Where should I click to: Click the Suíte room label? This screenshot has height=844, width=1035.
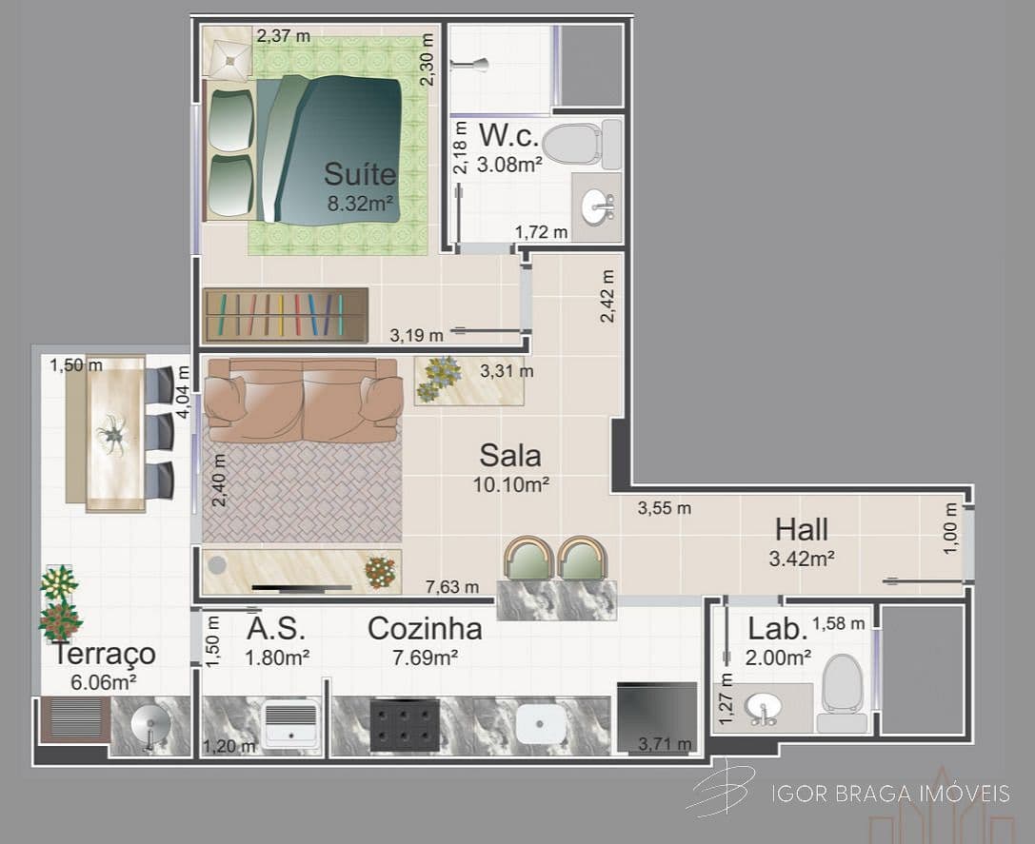[359, 174]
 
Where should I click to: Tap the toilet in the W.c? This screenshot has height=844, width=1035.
[580, 143]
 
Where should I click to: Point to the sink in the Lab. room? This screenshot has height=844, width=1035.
[763, 707]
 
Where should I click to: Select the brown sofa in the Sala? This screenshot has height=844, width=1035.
[303, 400]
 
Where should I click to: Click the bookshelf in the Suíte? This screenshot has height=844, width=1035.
[285, 315]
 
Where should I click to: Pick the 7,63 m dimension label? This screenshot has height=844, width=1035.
[452, 587]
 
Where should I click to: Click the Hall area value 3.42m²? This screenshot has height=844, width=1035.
[801, 559]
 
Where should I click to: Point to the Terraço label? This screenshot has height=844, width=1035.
[104, 654]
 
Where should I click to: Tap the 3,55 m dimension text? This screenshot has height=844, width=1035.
[664, 508]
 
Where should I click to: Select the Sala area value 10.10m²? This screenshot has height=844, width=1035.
[510, 484]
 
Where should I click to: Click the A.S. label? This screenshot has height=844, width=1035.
[275, 629]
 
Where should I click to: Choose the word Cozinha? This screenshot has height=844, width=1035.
[425, 629]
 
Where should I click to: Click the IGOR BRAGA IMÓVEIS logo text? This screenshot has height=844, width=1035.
[890, 794]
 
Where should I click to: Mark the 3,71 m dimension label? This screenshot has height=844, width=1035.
[665, 744]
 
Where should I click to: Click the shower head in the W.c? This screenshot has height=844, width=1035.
[469, 65]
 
